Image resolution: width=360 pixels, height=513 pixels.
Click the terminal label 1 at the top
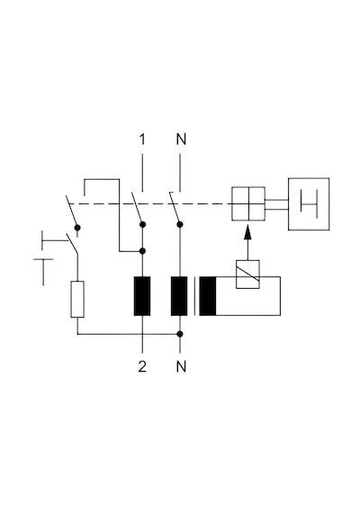click(142, 139)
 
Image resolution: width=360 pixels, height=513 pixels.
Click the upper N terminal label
click(181, 139)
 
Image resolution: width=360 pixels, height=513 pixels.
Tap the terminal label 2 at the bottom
click(142, 366)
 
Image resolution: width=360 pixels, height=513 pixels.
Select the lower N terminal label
click(181, 366)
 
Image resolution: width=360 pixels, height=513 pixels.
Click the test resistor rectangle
click(77, 299)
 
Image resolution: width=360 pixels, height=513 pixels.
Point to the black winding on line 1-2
click(142, 296)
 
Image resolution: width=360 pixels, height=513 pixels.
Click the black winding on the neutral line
click(179, 296)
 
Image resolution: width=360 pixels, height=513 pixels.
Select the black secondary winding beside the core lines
click(208, 296)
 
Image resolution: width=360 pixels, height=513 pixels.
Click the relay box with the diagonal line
click(247, 274)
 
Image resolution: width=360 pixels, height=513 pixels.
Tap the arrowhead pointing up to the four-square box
click(248, 232)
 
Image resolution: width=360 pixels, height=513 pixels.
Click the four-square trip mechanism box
click(248, 203)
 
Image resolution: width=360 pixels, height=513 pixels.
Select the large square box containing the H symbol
click(309, 204)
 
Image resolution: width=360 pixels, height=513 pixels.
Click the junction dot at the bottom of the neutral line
click(180, 334)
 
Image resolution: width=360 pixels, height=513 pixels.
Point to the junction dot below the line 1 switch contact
click(142, 251)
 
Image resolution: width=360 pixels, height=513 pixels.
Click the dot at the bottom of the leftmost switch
click(77, 228)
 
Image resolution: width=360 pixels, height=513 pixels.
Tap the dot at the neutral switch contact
click(180, 224)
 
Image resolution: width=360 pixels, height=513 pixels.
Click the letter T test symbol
click(43, 272)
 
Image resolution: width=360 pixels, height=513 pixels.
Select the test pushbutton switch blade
click(72, 243)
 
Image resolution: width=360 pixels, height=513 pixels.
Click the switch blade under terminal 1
click(137, 209)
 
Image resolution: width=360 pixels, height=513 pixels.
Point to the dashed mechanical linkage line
click(151, 203)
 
